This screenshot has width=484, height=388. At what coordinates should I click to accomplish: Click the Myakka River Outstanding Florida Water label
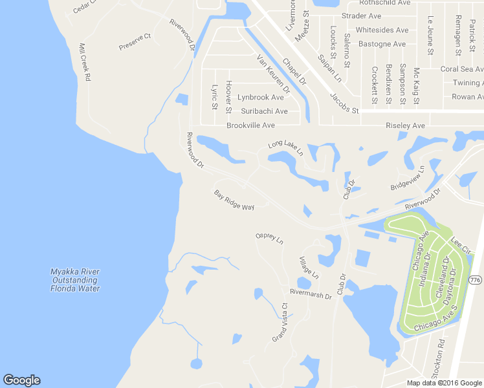coord(76,280)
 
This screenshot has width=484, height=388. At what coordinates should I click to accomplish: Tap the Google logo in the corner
coord(21,380)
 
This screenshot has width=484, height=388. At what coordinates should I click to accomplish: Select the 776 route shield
coord(476,279)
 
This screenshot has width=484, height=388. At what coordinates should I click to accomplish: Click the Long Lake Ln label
coord(285,148)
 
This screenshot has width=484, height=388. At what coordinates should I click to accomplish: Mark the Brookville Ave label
coord(250,125)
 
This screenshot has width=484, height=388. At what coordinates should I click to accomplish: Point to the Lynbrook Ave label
coord(260,98)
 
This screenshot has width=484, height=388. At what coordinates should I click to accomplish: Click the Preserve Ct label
coord(135,42)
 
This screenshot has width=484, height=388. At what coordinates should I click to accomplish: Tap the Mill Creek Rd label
coord(84,62)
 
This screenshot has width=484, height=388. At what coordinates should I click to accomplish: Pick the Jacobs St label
coord(344,103)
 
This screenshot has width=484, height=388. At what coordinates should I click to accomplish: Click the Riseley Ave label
coord(405,125)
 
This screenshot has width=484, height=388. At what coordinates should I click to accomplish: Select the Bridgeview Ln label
coord(407,178)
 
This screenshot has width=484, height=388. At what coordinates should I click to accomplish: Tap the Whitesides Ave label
coord(382,30)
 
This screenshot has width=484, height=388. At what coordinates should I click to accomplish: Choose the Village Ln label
coord(309,268)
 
